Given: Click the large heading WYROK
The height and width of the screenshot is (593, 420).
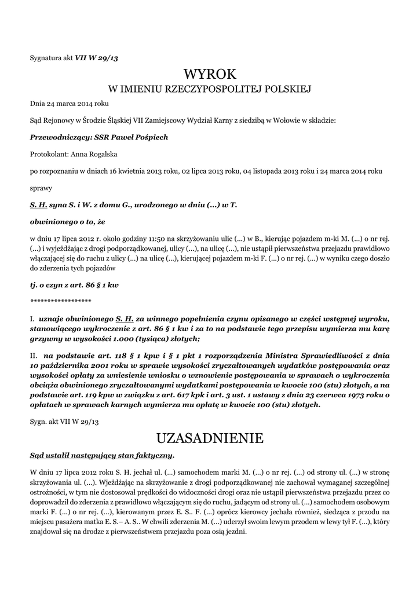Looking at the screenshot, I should click(210, 74).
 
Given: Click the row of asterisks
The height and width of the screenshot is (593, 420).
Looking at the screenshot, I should click(60, 301).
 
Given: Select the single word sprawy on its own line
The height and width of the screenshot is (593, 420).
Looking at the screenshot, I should click(41, 188).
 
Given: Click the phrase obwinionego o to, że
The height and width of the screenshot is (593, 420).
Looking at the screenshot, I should click(67, 221).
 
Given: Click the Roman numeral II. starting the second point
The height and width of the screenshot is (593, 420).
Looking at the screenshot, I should click(34, 355).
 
